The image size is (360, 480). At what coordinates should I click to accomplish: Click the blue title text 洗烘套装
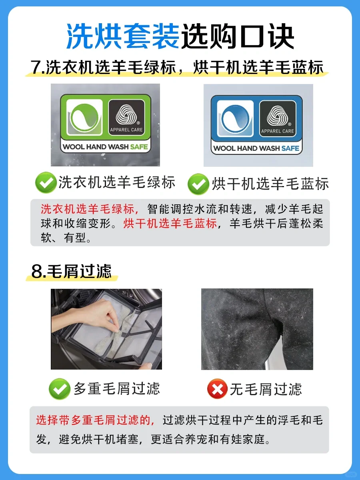(123, 36)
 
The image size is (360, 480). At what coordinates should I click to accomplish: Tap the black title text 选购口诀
(237, 36)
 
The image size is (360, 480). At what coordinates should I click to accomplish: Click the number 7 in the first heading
(35, 67)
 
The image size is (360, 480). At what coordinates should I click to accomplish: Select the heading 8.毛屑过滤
(72, 271)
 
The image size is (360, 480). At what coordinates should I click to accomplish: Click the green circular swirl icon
(84, 118)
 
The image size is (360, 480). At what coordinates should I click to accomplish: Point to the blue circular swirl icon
(235, 118)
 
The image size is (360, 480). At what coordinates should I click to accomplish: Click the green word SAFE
(139, 147)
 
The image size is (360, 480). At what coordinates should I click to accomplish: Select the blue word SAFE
(290, 148)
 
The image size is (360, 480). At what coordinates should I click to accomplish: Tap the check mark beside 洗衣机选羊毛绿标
(46, 182)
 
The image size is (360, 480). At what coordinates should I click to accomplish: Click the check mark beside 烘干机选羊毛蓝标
(198, 184)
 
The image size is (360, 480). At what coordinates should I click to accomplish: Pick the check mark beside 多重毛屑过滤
(60, 389)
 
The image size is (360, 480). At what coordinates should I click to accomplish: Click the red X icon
(217, 389)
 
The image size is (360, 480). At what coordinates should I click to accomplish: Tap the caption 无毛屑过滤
(266, 389)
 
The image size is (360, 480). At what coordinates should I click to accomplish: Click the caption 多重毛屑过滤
(117, 388)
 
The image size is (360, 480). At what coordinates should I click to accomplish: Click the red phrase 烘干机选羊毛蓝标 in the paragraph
(170, 224)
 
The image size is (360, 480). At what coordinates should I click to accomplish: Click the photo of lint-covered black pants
(257, 329)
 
